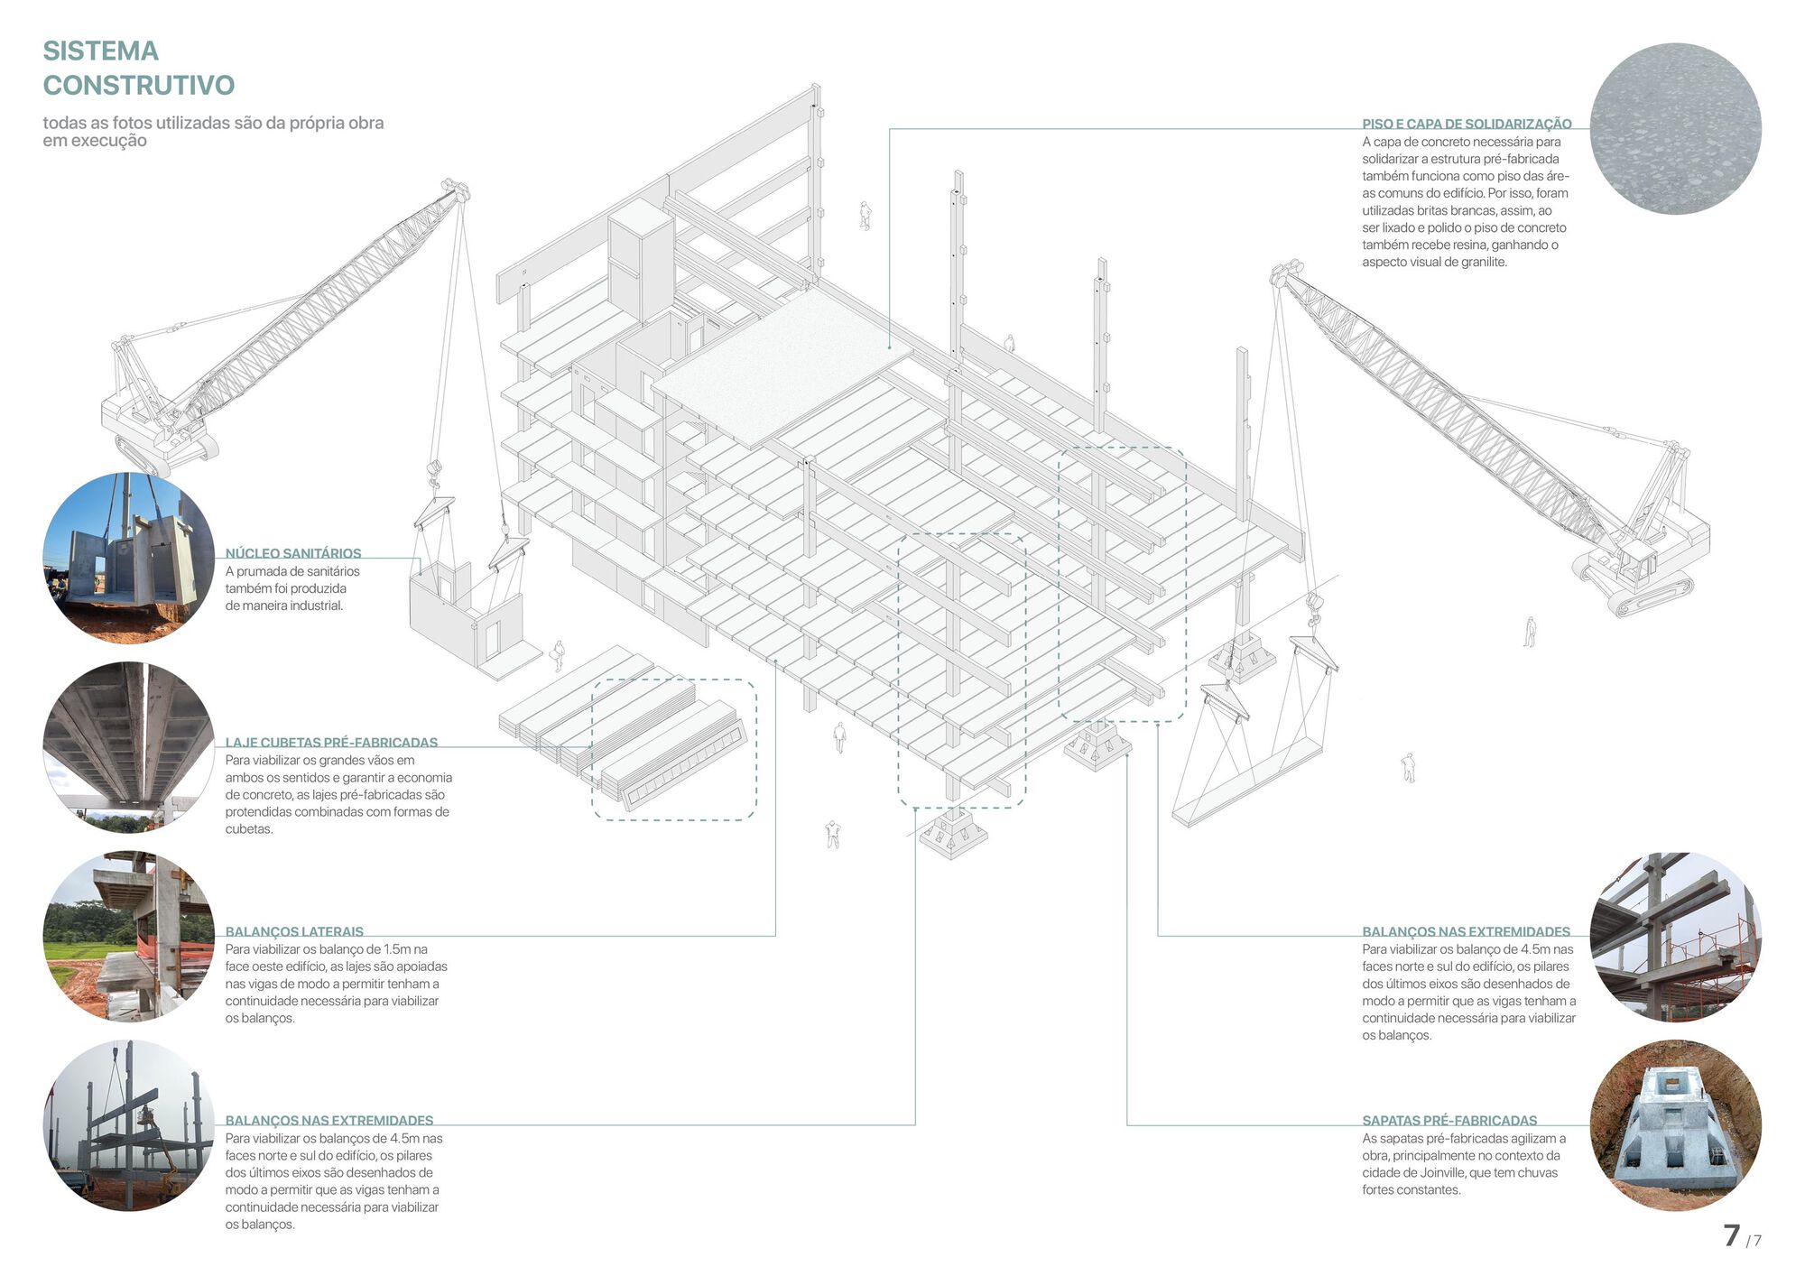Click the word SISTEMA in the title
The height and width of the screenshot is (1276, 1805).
[x=100, y=51]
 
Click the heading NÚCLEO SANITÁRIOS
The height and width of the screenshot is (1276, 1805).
[x=292, y=553]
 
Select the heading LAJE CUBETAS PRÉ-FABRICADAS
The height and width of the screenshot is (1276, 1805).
[x=331, y=743]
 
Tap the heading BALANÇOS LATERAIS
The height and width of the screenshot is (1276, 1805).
[x=294, y=931]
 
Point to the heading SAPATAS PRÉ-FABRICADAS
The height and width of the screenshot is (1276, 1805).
[x=1449, y=1120]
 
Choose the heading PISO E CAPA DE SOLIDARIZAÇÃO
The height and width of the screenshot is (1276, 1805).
[x=1467, y=124]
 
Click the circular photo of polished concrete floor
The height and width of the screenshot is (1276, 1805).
[x=1675, y=128]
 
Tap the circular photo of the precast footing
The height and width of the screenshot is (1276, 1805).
[x=1675, y=1124]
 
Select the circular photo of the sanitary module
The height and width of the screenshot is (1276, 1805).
[x=129, y=558]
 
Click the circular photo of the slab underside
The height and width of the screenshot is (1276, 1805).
[x=129, y=747]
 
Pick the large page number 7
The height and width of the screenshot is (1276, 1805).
[x=1731, y=1235]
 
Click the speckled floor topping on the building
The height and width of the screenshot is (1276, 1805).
[x=781, y=365]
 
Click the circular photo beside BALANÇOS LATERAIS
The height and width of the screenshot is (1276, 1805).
[x=129, y=936]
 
